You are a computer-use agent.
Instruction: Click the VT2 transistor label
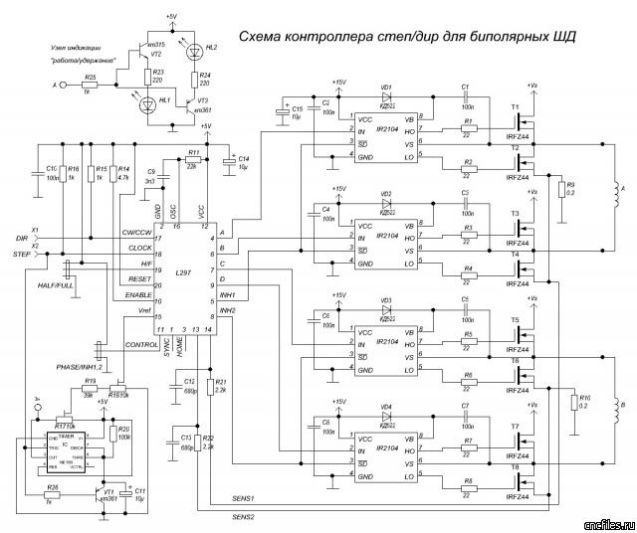(x=155, y=55)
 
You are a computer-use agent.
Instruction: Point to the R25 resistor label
(x=90, y=76)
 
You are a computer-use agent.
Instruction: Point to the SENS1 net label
(x=244, y=496)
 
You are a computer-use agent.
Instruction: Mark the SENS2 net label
(x=244, y=517)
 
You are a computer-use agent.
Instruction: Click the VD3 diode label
(x=386, y=299)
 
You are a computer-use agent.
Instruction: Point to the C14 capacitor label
(x=244, y=160)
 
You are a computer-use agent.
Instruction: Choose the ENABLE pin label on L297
(x=137, y=295)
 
